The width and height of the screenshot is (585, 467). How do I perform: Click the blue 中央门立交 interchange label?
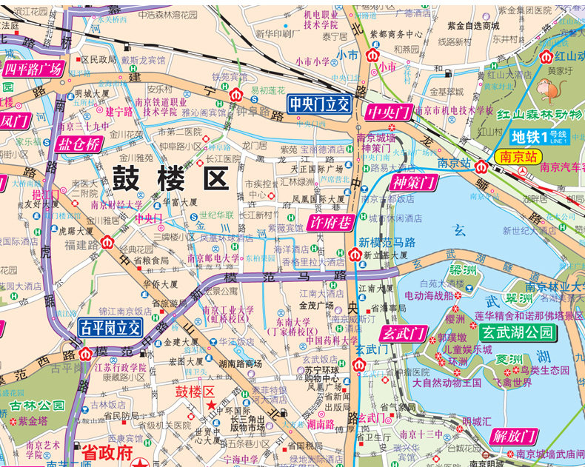coord(319,105)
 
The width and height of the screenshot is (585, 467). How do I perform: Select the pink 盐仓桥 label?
coord(78,145)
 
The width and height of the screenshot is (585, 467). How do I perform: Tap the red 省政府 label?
coord(105,452)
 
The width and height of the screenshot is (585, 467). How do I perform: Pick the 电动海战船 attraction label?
coord(425,295)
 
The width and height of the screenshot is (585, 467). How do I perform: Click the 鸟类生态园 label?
coord(544,370)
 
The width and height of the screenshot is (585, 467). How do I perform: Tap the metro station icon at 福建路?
coord(107,242)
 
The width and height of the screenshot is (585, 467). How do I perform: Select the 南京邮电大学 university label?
coord(215,258)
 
